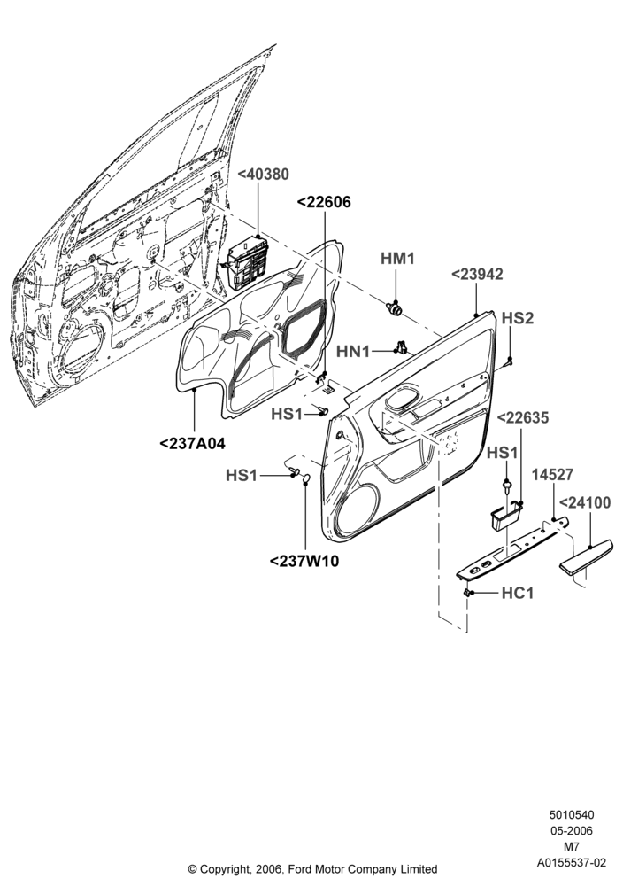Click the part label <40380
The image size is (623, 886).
(x=263, y=175)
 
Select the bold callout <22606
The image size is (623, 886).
(x=323, y=202)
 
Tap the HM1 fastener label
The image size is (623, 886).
(x=397, y=259)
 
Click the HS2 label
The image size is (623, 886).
(x=518, y=318)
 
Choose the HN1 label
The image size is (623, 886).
(x=353, y=352)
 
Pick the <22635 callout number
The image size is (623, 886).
(x=522, y=418)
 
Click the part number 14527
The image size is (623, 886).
(x=554, y=475)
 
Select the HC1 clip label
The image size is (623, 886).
(x=517, y=594)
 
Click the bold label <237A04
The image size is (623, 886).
(x=192, y=444)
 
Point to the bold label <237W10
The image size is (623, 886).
(x=304, y=562)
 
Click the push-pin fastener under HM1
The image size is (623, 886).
(x=395, y=308)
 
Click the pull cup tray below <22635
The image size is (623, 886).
(x=505, y=517)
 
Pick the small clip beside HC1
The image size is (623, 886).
(x=467, y=592)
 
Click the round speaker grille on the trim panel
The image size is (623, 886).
(x=357, y=507)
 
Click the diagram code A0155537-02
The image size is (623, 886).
(x=572, y=863)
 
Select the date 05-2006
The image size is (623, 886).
(x=572, y=831)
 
